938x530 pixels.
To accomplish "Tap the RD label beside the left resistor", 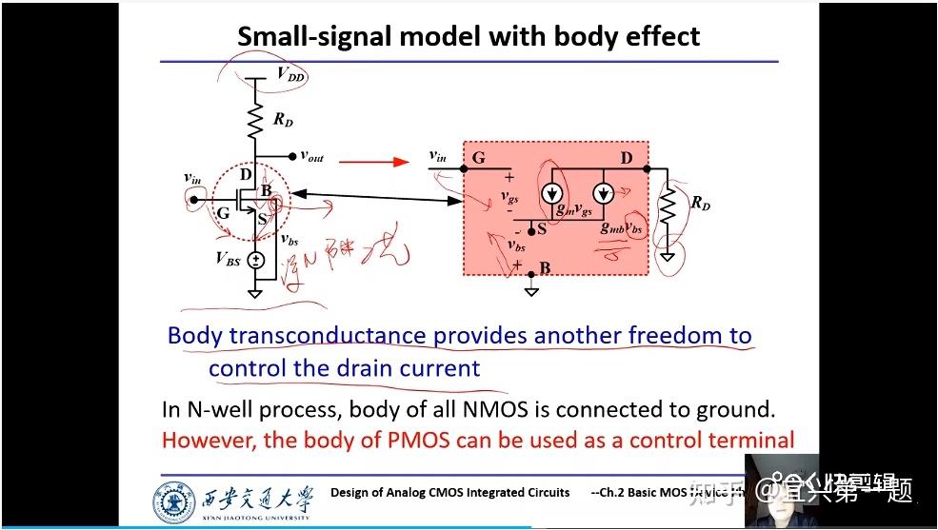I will pos(284,120).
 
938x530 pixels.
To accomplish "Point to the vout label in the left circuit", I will pos(312,155).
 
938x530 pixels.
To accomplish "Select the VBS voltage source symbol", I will pos(255,260).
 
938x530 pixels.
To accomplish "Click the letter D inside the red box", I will pos(627,158).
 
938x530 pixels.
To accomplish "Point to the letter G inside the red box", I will pos(478,158).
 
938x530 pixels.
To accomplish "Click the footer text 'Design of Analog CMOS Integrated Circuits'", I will pos(449,492).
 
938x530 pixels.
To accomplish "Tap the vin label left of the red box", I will pos(438,155).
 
